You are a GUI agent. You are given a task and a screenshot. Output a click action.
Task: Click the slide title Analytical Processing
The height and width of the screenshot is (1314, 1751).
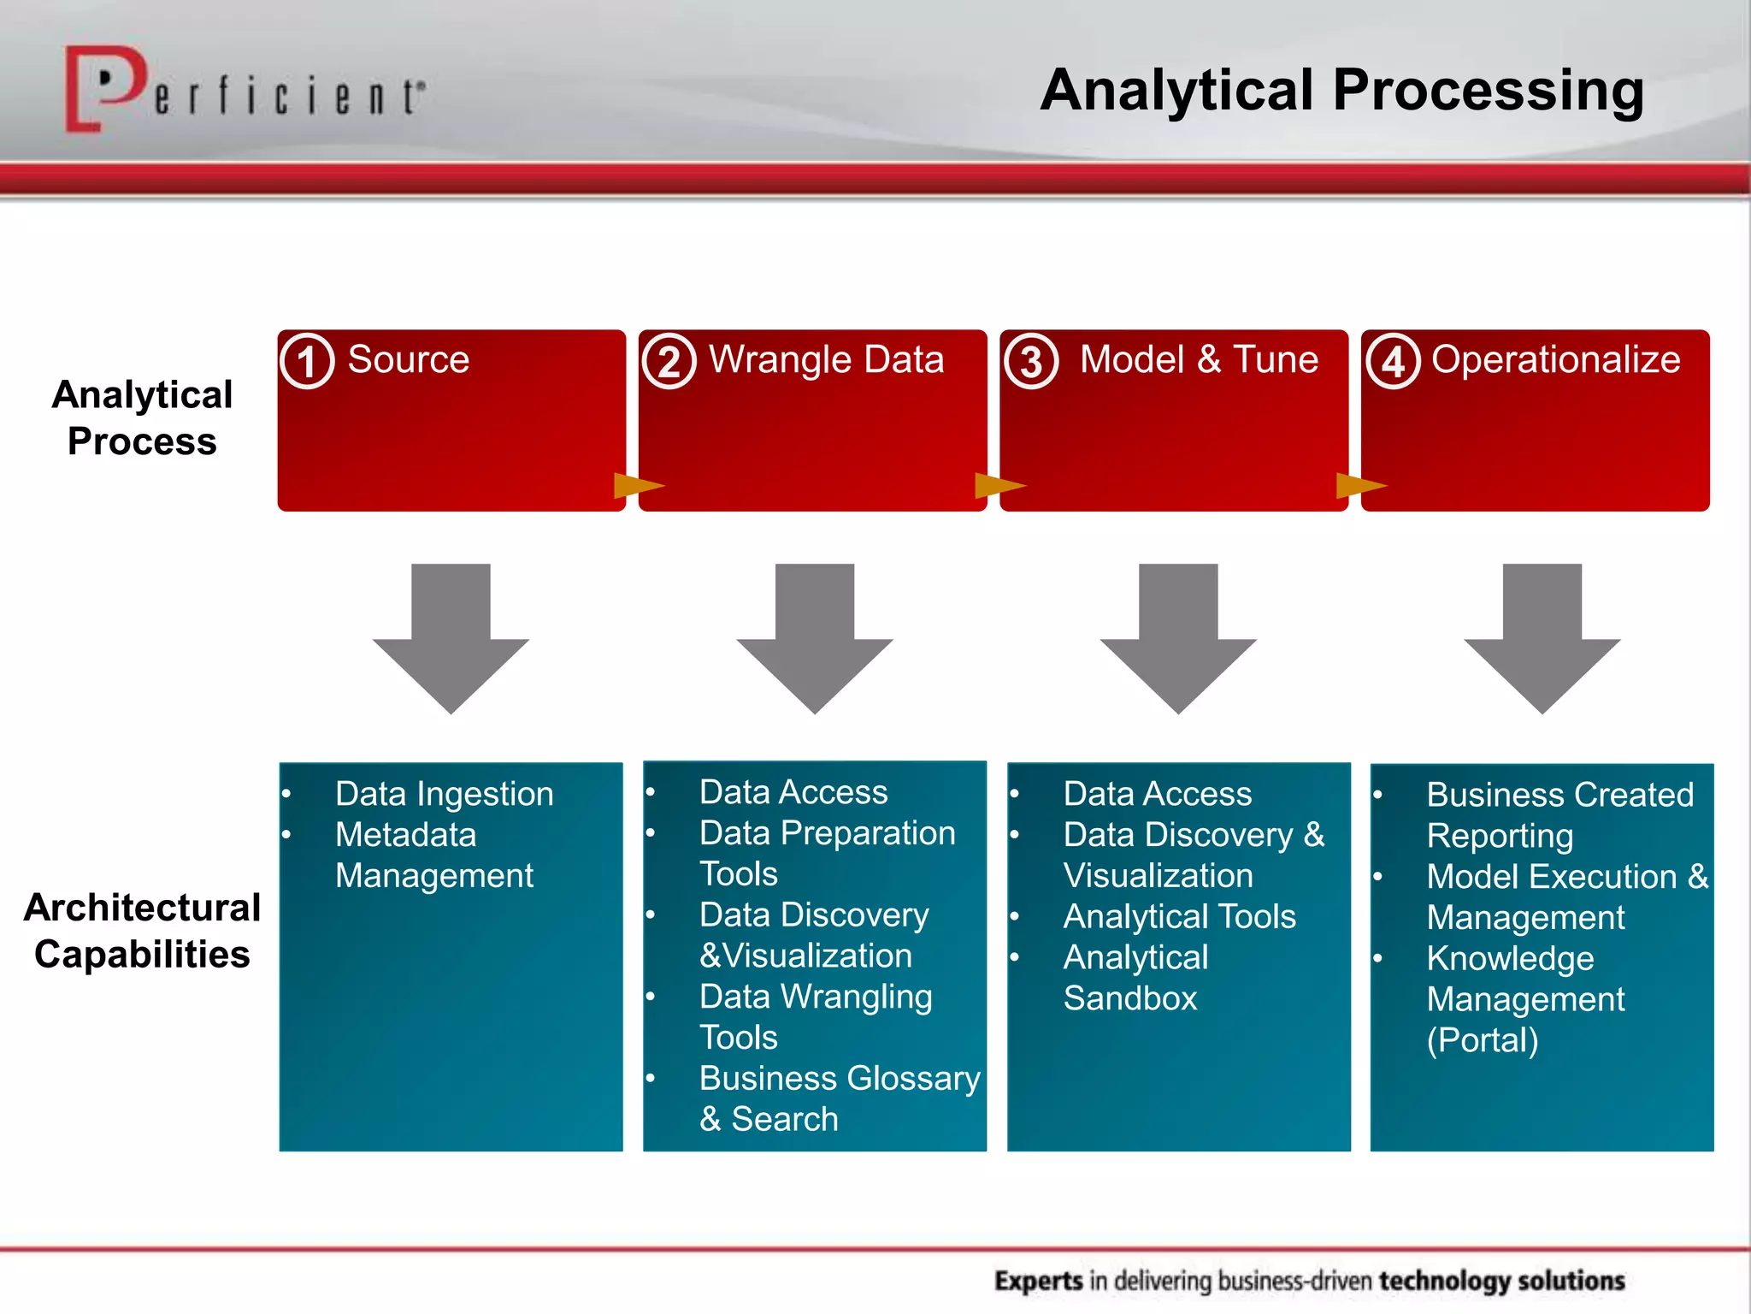point(1341,91)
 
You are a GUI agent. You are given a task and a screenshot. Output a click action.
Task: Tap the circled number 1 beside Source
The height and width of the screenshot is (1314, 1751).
point(307,362)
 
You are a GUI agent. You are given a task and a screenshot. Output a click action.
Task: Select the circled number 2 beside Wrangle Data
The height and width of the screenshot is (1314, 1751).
point(669,362)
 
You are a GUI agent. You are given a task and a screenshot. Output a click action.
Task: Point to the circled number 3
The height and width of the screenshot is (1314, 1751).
point(1031,362)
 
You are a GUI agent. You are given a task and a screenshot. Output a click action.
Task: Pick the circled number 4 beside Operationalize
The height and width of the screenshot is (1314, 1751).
point(1393,362)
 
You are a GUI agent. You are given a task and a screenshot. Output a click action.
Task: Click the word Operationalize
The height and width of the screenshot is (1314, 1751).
point(1555,359)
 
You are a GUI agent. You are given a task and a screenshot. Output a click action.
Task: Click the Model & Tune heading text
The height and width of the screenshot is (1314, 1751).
point(1199,359)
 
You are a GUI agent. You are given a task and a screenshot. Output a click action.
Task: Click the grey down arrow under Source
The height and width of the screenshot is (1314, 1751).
point(451,637)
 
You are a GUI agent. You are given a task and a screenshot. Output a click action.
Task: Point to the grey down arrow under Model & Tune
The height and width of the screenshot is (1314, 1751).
point(1178,637)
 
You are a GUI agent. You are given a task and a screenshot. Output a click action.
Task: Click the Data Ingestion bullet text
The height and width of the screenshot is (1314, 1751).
point(444,794)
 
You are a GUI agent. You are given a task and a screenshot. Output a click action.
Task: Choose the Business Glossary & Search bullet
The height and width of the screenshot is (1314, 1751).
point(838,1098)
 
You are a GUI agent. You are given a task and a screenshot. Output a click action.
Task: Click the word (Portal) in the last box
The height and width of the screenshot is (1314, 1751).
point(1482,1040)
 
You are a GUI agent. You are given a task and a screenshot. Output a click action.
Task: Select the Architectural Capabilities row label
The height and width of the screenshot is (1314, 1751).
point(142,931)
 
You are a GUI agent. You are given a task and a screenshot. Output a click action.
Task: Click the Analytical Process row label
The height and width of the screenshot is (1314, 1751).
point(142,417)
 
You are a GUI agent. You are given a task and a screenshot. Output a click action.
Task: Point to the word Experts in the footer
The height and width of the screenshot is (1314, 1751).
point(1039,1281)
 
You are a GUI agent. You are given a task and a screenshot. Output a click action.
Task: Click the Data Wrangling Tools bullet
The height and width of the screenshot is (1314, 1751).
point(814,1016)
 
